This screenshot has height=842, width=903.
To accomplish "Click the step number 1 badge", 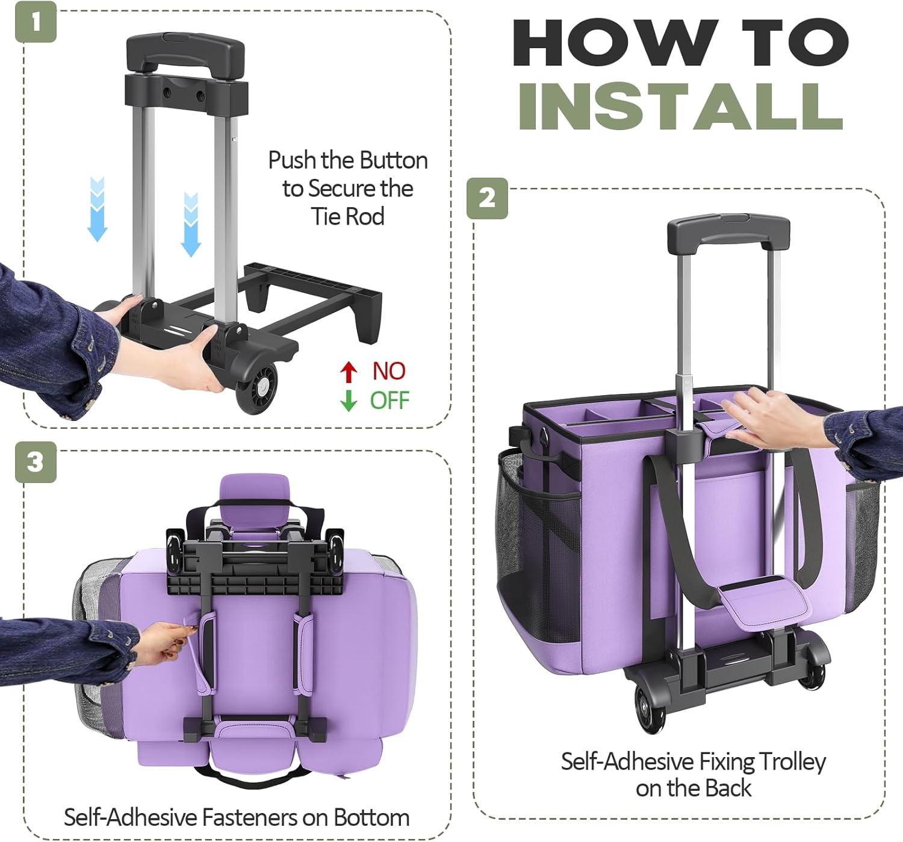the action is click(x=36, y=22).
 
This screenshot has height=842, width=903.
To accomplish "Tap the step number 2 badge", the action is click(x=487, y=198).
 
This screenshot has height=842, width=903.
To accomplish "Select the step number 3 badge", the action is click(x=36, y=462).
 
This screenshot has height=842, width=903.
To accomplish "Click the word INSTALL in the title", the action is click(x=681, y=107).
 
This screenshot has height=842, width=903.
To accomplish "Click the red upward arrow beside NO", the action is click(x=349, y=372).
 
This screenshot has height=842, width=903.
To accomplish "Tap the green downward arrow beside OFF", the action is click(x=349, y=401).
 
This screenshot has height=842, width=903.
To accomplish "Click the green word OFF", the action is click(x=389, y=401).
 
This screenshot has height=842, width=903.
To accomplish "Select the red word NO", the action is click(x=389, y=371).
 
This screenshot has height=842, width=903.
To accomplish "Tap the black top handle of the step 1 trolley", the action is click(x=185, y=52).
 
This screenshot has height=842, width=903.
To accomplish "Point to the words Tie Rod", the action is click(x=348, y=216).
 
